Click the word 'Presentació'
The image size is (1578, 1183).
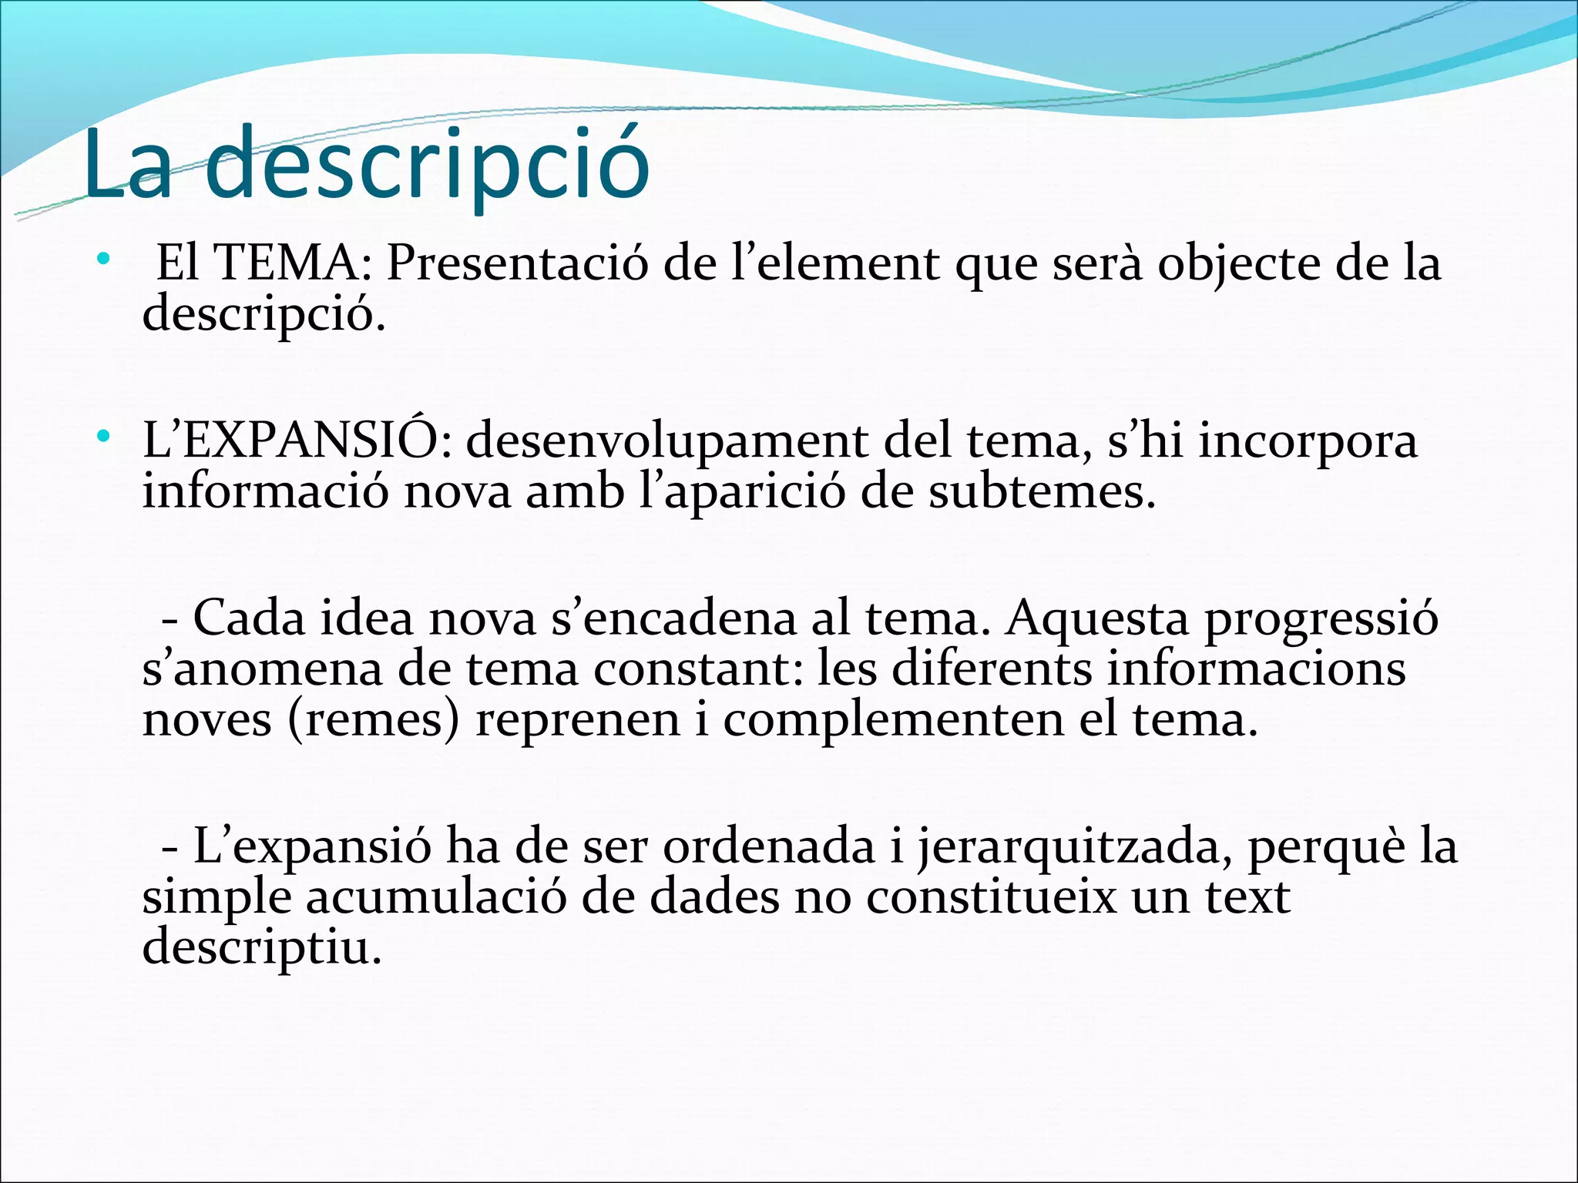tap(517, 263)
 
